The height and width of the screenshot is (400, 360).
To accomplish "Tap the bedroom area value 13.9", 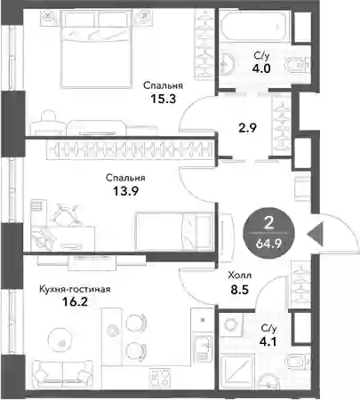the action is click(126, 191).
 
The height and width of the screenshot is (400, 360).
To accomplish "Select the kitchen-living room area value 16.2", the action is click(76, 302).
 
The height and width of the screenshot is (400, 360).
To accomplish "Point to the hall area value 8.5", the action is click(239, 290).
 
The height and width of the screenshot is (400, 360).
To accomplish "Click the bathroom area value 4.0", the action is click(261, 68).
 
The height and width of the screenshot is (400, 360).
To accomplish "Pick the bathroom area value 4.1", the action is click(268, 341).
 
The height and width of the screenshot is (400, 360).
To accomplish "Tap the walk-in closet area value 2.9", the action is click(247, 128).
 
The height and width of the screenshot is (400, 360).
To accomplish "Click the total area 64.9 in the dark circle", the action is click(269, 244).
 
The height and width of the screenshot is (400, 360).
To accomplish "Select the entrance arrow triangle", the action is click(315, 234).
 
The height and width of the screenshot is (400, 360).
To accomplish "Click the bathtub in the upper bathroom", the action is click(254, 26).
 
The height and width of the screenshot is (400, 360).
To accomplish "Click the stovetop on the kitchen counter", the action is click(160, 377).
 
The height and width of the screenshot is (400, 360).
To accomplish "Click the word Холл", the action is click(240, 276).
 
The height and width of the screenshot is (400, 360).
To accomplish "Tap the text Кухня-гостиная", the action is click(75, 289).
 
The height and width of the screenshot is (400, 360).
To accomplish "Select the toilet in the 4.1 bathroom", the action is click(299, 362).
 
